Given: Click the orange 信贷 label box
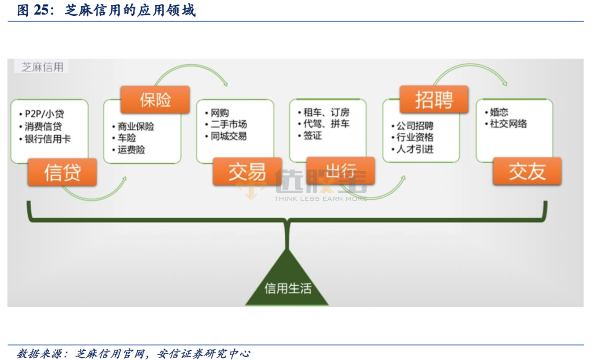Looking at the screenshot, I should click(62, 172).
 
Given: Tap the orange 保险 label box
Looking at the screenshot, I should click(155, 99).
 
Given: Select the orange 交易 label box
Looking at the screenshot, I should click(247, 172).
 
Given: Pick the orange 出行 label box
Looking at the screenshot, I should click(341, 171).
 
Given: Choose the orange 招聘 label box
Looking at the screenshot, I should click(434, 99).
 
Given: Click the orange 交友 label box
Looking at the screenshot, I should click(527, 171).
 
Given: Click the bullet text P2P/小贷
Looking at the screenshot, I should click(44, 114).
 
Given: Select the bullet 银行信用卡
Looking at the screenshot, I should click(48, 139).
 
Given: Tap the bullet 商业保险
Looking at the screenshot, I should click(136, 127).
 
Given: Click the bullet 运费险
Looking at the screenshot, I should click(131, 150).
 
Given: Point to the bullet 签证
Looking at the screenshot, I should click(312, 136).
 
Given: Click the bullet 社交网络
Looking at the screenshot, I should click(508, 124).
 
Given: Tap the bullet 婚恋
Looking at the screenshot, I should click(499, 112).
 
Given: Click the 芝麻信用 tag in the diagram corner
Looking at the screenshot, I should click(42, 67).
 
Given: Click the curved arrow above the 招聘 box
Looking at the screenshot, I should click(470, 70).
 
